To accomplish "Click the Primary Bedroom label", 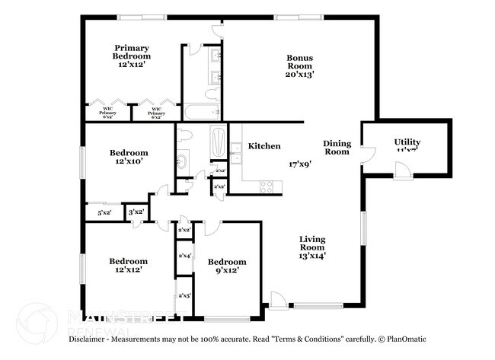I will coord(131,51).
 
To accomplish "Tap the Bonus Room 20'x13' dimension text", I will coord(300,75).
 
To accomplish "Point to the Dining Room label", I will coord(336,147).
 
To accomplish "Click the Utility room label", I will coord(407,142).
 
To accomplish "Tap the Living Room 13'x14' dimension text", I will coord(311,256).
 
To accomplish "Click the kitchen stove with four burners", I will coord(267,185).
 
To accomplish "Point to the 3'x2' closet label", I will coord(137,212).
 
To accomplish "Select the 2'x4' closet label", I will coord(184,256).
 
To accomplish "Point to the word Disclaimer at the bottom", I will coord(94,339).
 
